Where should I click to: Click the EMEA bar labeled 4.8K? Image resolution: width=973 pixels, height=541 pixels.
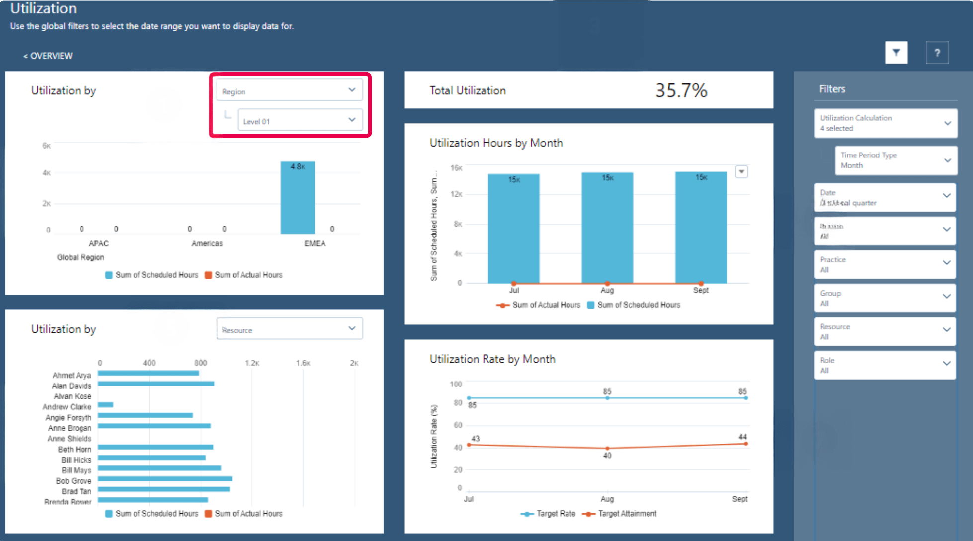coord(297,199)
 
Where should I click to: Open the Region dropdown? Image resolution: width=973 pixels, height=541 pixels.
coord(289,91)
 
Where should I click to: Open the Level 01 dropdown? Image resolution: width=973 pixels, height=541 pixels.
coord(300,121)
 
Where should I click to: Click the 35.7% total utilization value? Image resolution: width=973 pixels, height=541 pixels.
coord(681,90)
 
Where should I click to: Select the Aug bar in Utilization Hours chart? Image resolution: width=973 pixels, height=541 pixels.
coord(607,229)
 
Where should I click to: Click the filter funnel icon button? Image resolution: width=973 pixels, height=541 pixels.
coord(896,53)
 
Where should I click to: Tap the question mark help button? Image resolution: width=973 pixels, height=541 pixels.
coord(937,53)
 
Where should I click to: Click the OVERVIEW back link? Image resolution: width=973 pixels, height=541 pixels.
coord(48,56)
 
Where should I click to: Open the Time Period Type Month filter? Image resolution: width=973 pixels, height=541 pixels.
coord(895,160)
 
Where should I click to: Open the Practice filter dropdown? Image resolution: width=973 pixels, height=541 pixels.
coord(885,264)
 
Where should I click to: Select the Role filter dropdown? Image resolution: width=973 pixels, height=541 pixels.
coord(885,365)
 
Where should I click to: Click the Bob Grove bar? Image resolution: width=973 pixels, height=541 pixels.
coord(164,479)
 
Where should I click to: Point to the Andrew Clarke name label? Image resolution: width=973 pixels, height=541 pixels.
coord(67,407)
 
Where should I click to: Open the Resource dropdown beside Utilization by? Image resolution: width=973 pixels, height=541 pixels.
coord(289,329)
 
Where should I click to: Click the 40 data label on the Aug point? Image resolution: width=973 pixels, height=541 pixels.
coord(607,456)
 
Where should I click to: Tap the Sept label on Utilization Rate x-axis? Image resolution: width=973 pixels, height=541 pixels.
coord(739,499)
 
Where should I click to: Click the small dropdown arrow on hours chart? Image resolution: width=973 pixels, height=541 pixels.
coord(741,172)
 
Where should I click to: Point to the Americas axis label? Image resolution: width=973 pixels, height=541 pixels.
coord(207,243)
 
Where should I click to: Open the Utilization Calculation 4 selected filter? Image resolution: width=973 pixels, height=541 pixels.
coord(885,123)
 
